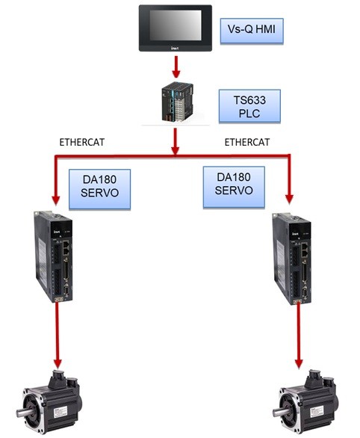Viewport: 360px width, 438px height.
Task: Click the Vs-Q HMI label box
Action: click(252, 31)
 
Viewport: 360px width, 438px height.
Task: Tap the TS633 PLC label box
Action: click(249, 106)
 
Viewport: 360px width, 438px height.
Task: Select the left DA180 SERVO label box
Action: click(99, 189)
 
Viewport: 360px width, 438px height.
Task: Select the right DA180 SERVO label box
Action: click(234, 187)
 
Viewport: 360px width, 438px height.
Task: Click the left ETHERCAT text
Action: click(81, 142)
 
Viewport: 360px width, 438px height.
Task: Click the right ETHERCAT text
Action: click(247, 142)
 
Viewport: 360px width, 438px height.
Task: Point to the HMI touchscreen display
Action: click(176, 25)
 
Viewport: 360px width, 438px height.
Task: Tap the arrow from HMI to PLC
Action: click(176, 67)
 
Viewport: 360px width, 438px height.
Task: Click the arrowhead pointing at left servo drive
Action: click(56, 200)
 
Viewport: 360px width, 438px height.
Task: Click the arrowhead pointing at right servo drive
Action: click(289, 199)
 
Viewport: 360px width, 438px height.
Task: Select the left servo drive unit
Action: click(53, 256)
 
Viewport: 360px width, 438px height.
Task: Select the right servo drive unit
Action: click(292, 259)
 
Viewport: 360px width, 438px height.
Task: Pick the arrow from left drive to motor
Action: click(58, 335)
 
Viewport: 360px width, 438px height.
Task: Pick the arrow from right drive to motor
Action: click(299, 336)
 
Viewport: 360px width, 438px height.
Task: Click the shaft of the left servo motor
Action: click(23, 413)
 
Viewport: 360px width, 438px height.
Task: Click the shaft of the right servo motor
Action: click(279, 411)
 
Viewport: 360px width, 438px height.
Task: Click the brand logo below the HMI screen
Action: click(175, 48)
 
